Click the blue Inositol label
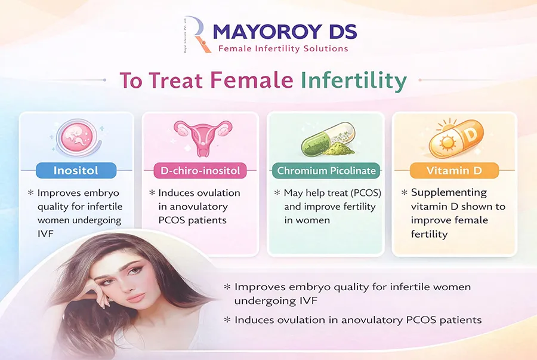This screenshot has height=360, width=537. tap(76, 170)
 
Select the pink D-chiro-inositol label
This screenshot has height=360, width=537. tap(200, 171)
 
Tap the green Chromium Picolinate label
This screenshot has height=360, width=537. tap(326, 171)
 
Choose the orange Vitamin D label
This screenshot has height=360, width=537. tap(454, 171)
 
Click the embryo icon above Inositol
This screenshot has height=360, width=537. tap(78, 137)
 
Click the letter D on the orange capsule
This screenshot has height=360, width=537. tap(471, 134)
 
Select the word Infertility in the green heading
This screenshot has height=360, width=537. tap(354, 80)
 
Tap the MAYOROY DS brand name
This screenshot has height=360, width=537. tap(285, 32)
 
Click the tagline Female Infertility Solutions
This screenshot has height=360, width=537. tap(283, 48)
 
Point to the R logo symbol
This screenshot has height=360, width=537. tap(196, 35)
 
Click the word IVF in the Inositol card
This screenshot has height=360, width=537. tap(45, 234)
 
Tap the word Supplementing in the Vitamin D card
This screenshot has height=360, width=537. tap(449, 193)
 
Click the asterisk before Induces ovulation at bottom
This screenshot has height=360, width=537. tap(227, 320)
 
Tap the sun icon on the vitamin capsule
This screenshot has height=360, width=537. tap(447, 143)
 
